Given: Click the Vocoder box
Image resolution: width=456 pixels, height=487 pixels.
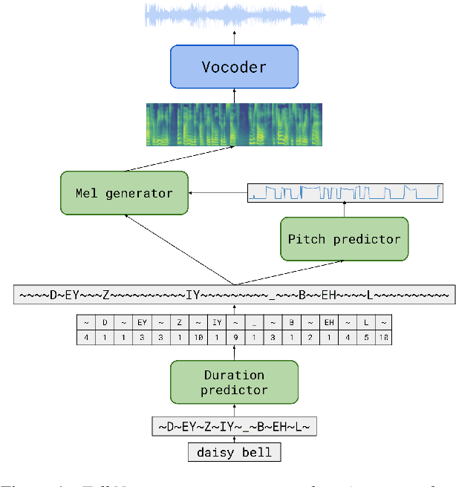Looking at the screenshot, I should point(234,67).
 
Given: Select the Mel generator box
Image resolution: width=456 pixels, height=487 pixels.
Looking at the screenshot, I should point(124,194).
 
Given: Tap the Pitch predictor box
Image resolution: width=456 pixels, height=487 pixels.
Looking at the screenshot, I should point(344,239).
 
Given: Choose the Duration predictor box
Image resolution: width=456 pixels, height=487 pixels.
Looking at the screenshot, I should point(234,382).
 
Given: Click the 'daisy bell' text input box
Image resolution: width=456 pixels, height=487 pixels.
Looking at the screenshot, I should point(235,451).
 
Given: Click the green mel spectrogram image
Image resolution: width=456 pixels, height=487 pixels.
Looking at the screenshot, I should point(234,124).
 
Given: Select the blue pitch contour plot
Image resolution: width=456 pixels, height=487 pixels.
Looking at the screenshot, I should point(345,193).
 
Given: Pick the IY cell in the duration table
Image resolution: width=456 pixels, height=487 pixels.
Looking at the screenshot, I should point(217,323).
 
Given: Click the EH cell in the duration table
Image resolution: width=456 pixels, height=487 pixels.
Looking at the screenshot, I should point(328,323).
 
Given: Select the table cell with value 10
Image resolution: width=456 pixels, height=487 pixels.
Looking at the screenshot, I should point(199,338).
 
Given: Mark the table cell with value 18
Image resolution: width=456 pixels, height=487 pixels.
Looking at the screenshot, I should point(383,338).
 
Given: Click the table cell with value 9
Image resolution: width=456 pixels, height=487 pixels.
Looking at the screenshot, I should point(235,338).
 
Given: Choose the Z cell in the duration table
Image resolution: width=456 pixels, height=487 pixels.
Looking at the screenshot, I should point(180,323).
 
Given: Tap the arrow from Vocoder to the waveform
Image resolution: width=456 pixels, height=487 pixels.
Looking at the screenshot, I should point(234,38).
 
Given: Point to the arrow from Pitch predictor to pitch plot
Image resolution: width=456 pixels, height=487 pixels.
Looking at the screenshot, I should point(344,210).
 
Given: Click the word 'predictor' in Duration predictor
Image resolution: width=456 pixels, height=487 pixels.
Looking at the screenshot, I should point(235,390).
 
